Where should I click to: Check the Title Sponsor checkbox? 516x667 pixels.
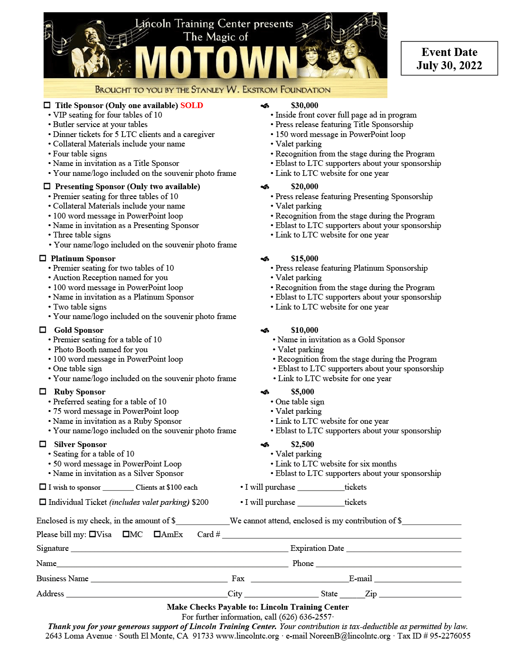tap(47, 105)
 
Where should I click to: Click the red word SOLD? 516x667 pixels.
tap(192, 105)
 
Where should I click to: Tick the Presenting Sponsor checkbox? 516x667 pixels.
tap(47, 186)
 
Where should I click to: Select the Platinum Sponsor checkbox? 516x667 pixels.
tap(43, 258)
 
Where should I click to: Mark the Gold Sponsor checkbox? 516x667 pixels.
tap(43, 330)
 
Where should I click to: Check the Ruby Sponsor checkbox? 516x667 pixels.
tap(43, 392)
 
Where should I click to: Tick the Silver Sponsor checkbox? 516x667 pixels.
tap(43, 444)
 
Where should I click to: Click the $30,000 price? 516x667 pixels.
tap(304, 105)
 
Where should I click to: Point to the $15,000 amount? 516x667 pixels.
tap(304, 258)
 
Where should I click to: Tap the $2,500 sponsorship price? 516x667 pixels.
tap(302, 444)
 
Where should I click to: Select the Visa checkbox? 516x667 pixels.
tap(93, 534)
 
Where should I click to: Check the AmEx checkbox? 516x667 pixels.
tap(157, 534)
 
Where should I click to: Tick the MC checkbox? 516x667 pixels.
tap(126, 534)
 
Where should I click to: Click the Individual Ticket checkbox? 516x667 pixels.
tap(43, 502)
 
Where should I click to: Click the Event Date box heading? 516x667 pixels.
tap(449, 52)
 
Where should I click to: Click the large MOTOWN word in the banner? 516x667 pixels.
tap(216, 62)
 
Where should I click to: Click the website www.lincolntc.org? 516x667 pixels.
tap(247, 636)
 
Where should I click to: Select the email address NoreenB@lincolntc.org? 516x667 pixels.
tap(350, 636)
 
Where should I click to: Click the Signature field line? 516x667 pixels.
tap(179, 551)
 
